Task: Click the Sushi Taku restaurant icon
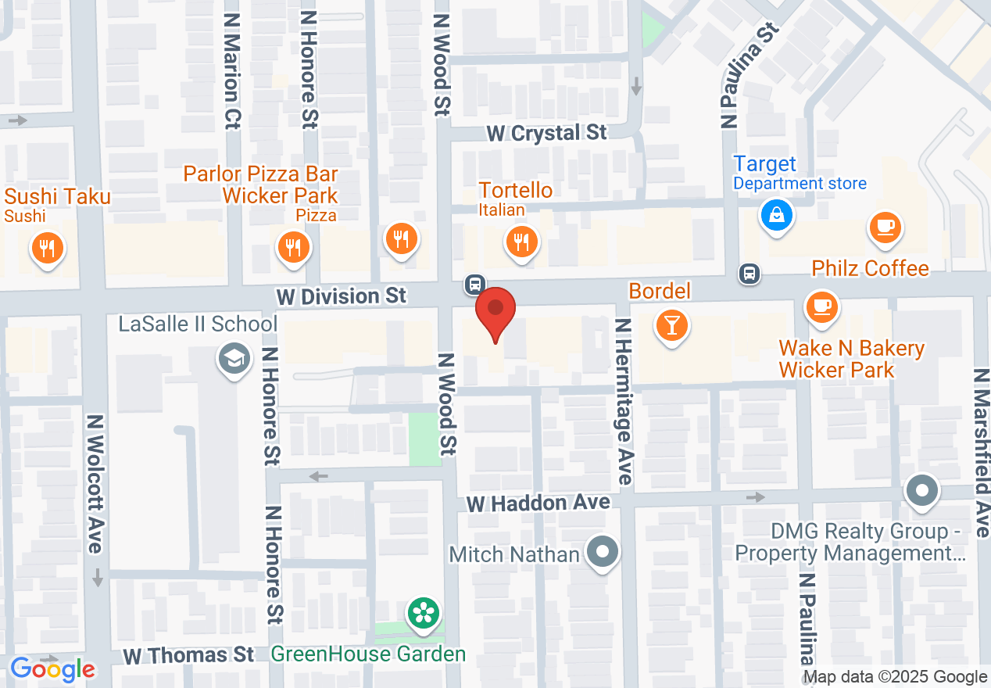48,248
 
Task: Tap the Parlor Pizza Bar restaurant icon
294,248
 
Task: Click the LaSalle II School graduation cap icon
232,359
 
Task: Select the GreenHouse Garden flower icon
424,612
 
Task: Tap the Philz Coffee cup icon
885,228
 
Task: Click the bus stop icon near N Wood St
474,283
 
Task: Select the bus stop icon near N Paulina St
750,274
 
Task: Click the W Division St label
342,296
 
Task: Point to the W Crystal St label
546,133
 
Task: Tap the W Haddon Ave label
538,503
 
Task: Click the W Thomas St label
188,654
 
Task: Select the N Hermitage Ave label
623,402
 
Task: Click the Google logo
52,669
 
